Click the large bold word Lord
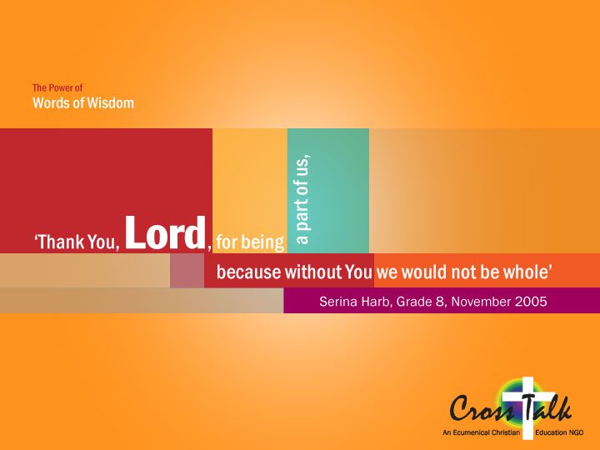coord(165,232)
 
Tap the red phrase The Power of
coord(57,88)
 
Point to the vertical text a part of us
coord(302,199)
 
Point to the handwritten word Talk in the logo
coord(549,407)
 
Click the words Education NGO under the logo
coord(559,432)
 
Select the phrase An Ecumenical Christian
coord(482,432)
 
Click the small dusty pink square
coord(187,270)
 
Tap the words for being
coord(250,242)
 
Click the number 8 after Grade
coord(439,302)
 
